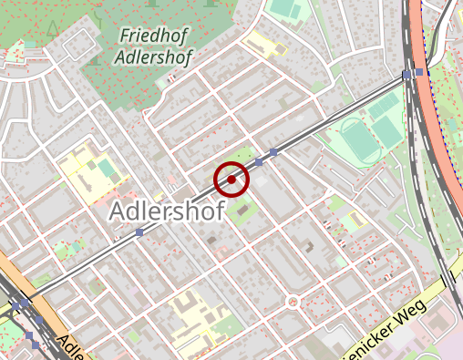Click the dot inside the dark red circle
(231, 180)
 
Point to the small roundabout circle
(293, 302)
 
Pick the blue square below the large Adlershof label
(139, 233)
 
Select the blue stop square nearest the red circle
(259, 161)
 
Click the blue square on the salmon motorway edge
(418, 72)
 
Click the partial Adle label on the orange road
(74, 347)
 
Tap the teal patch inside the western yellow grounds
(107, 169)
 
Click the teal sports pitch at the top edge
(285, 8)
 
